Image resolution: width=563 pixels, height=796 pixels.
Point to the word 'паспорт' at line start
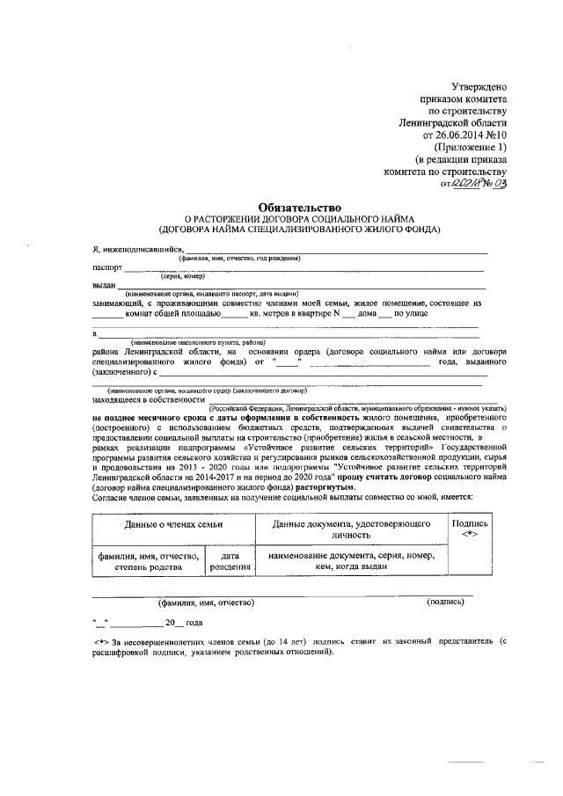[x=107, y=267]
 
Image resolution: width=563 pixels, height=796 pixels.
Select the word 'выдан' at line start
[x=104, y=284]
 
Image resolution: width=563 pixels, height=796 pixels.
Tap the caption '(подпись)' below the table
[x=445, y=602]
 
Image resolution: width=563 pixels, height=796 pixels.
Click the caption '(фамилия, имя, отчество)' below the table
[x=206, y=602]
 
